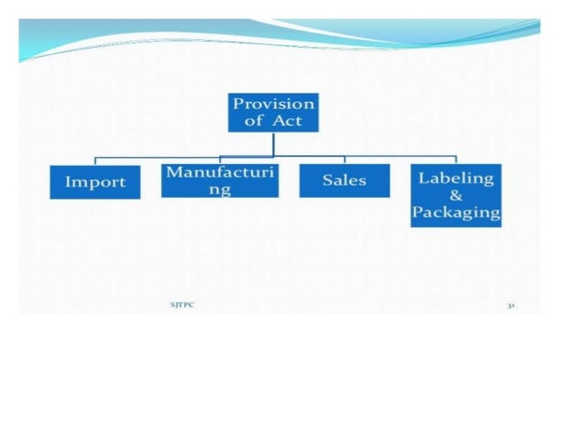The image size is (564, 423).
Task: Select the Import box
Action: [95, 182]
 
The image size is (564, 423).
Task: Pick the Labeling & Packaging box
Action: [455, 195]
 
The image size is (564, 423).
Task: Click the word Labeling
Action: [456, 178]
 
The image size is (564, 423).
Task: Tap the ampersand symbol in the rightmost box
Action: [456, 195]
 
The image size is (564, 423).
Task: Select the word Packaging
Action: [456, 213]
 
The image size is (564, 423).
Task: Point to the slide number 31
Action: [511, 305]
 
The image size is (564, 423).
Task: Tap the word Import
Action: [95, 183]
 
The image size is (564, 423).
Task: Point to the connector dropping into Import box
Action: [95, 162]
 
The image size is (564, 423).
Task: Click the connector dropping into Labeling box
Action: [456, 162]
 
